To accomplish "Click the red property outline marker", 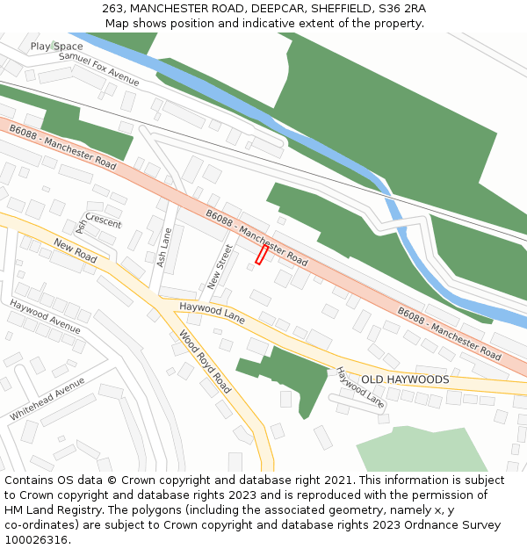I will (261, 254).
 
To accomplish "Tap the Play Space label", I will (56, 47).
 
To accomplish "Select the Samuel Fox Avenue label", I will (98, 69).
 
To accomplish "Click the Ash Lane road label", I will (162, 248).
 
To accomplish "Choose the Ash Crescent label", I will (98, 220).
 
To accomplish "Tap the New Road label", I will (75, 250).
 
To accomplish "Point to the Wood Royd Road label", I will (205, 361).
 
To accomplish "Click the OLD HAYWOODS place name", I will (405, 379).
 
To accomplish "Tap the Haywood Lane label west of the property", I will (212, 311).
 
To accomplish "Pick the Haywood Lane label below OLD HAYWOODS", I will (360, 387).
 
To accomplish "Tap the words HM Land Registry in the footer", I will (48, 510).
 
